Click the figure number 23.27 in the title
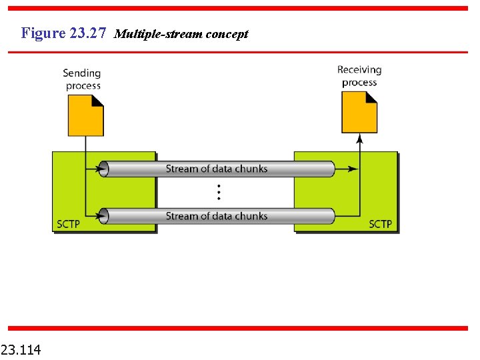87,33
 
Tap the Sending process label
82,79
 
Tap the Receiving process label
359,76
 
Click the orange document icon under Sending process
86,116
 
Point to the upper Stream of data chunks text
217,169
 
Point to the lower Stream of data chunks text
217,216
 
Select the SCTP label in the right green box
381,224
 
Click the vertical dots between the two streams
218,193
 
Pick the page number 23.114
21,349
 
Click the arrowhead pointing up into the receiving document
359,139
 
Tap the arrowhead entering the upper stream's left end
102,169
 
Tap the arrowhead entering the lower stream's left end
102,216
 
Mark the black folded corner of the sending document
97,101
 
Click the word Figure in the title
43,33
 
